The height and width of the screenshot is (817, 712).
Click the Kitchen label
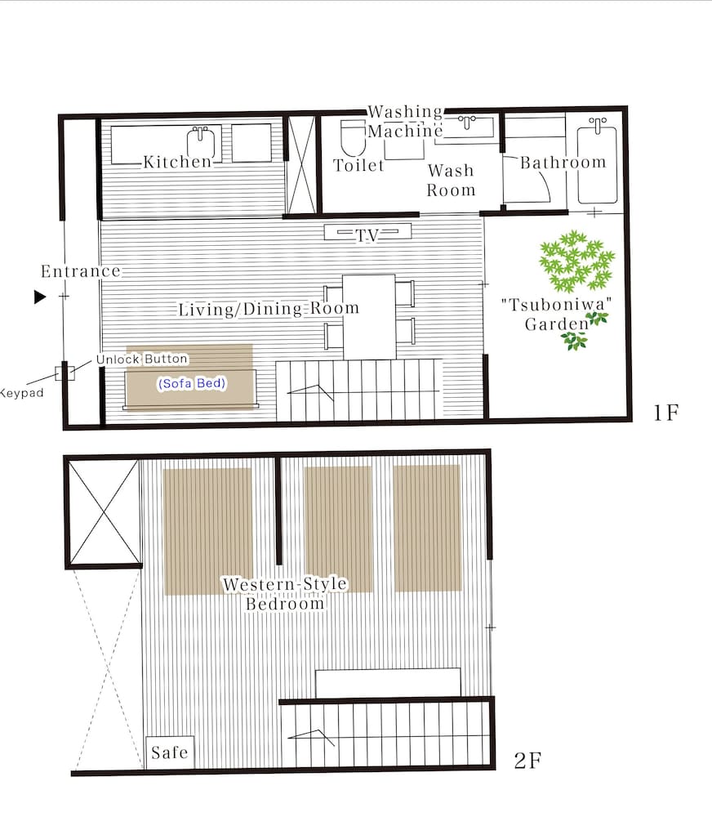[178, 162]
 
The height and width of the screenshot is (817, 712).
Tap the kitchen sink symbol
[201, 141]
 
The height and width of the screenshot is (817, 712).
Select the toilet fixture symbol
[353, 137]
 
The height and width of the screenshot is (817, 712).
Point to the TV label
[367, 235]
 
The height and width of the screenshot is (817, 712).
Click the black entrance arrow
[40, 297]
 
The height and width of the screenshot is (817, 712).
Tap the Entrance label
[81, 271]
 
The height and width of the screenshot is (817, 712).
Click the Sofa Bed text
[192, 383]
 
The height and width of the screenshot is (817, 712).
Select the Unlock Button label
[142, 359]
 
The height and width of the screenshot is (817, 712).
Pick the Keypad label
[21, 393]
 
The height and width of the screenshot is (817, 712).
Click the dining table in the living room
[369, 317]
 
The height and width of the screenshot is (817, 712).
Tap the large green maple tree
[576, 261]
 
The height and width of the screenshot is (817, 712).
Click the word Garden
[557, 324]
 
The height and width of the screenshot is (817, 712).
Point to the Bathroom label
[563, 162]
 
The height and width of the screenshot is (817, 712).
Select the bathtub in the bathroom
[597, 161]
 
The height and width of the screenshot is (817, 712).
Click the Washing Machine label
[405, 121]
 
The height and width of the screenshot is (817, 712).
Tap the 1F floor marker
[666, 413]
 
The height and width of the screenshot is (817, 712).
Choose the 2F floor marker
[527, 761]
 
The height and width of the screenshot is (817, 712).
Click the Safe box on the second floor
[170, 752]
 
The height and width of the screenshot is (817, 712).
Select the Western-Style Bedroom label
[285, 593]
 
